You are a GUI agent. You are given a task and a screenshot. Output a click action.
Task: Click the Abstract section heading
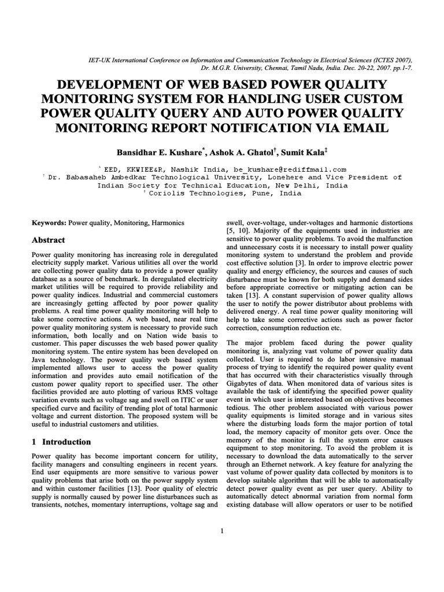49,240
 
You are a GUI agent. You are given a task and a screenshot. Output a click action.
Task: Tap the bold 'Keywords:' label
49,223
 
